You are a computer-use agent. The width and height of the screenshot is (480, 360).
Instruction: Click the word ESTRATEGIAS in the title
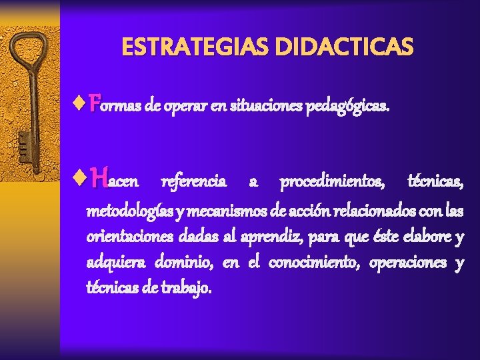(x=193, y=47)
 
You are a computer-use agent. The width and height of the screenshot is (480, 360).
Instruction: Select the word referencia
(x=194, y=182)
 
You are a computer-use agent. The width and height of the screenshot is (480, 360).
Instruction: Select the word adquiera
(x=115, y=263)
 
